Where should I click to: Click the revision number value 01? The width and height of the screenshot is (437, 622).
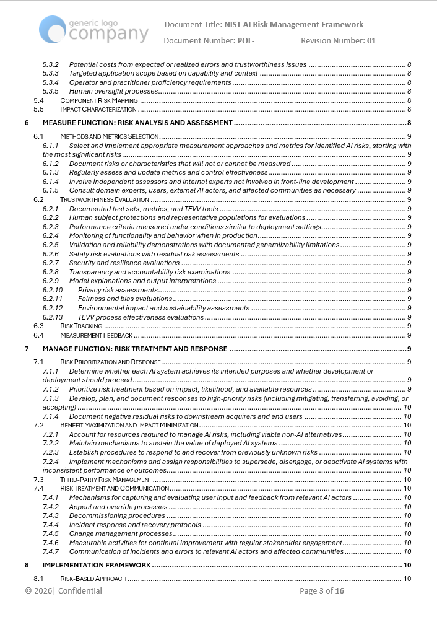tap(371, 41)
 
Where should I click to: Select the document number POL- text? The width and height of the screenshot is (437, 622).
tap(246, 41)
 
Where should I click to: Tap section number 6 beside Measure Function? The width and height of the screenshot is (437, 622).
tap(27, 123)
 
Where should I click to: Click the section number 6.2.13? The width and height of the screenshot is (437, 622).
tap(53, 317)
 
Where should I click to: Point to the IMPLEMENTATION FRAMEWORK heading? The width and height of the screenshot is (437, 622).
tap(97, 565)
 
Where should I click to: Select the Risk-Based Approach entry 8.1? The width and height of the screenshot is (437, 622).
tap(93, 579)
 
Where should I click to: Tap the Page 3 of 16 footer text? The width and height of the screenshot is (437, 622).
tap(322, 591)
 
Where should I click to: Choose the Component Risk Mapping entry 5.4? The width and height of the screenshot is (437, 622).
tap(98, 100)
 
